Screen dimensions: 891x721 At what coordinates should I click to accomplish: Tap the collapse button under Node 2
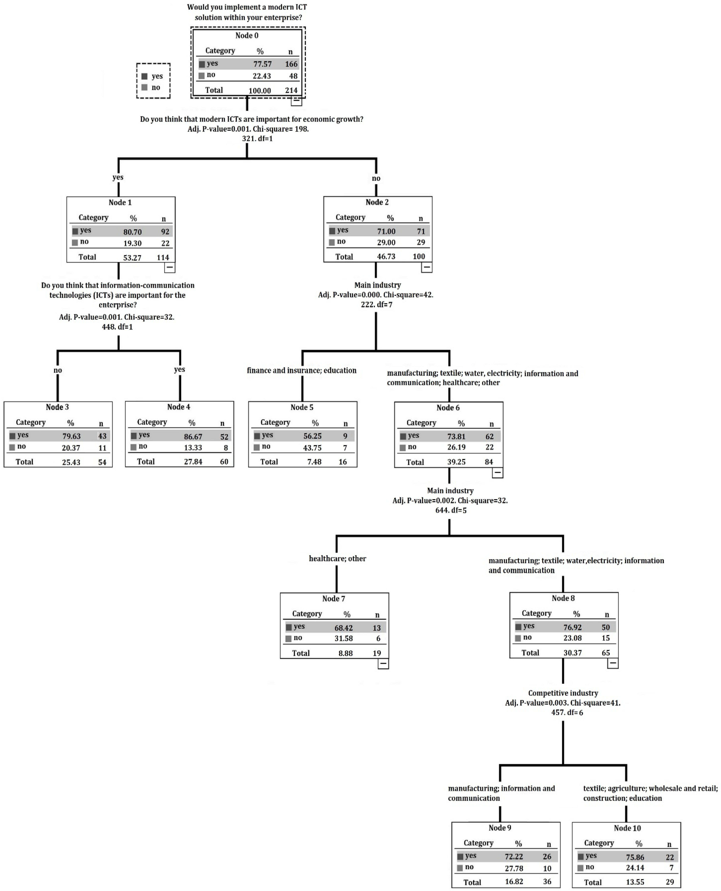pos(427,267)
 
